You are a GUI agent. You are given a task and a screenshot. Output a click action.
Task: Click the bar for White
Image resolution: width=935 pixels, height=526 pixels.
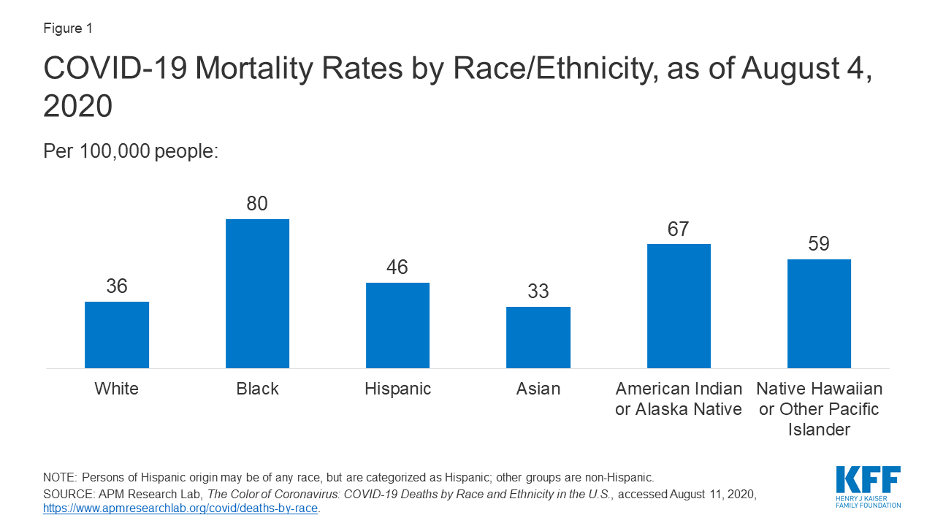117,335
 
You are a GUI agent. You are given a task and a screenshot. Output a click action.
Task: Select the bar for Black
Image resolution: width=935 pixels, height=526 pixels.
257,294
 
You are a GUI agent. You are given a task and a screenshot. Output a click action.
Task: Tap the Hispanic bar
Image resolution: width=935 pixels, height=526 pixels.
397,325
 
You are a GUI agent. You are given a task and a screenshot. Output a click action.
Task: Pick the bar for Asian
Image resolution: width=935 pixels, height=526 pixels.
538,338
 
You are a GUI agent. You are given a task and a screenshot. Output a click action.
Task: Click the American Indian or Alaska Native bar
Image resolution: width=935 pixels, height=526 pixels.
679,305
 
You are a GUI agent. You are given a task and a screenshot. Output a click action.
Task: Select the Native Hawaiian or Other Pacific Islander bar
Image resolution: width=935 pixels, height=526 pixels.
819,313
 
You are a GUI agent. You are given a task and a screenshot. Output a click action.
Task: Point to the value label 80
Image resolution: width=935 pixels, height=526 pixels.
257,204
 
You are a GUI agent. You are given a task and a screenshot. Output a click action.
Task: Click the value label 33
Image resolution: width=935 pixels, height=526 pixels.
538,291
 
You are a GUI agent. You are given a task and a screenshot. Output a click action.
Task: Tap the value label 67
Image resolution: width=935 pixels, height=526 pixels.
679,229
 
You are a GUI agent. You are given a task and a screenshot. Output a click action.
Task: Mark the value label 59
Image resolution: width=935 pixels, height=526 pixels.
819,244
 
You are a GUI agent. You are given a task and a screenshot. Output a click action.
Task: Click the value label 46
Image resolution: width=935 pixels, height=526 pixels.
397,267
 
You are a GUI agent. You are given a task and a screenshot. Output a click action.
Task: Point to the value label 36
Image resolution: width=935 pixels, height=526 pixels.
117,286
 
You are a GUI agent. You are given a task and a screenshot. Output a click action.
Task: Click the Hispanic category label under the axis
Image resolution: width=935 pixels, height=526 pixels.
397,389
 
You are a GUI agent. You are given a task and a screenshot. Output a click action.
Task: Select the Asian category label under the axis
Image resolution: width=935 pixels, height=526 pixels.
538,389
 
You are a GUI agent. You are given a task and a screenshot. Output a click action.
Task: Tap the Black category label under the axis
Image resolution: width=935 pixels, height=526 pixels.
257,389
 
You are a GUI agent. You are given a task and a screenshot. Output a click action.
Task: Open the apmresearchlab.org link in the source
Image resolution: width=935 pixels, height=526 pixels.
180,508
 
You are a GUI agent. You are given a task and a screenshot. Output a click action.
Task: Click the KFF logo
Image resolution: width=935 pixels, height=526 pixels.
868,487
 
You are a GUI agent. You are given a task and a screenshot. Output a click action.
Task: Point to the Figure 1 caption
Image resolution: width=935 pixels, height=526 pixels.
68,28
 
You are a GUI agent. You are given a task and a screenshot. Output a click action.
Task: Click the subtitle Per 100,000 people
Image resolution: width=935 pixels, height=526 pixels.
131,151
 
